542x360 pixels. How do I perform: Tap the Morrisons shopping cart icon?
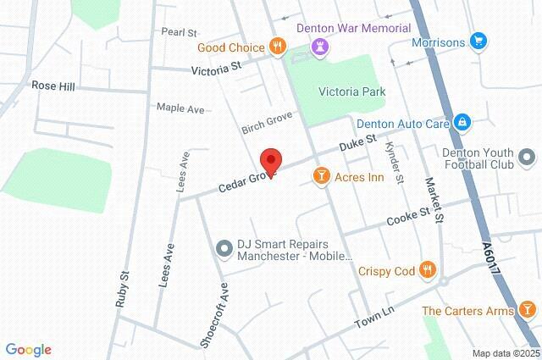click(478, 41)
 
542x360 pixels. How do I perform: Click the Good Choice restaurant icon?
click(275, 46)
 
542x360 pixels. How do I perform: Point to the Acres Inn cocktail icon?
click(322, 176)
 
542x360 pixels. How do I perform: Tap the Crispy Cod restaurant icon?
click(428, 271)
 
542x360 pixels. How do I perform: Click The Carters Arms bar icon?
click(527, 310)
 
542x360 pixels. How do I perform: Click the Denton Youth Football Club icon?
click(527, 157)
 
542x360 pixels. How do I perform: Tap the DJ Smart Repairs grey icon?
click(224, 248)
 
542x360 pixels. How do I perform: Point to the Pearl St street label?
click(179, 31)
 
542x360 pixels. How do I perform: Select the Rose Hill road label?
click(53, 86)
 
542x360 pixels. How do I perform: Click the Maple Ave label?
click(180, 108)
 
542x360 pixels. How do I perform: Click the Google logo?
click(28, 349)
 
